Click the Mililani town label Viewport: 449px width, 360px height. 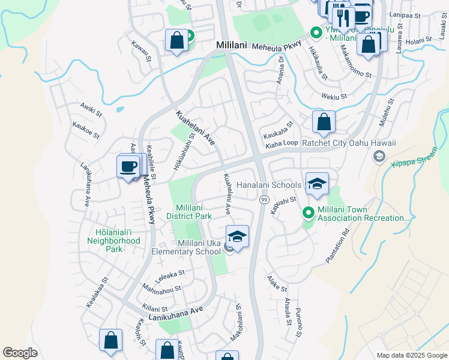(234, 45)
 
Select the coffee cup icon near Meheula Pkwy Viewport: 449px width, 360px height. (128, 166)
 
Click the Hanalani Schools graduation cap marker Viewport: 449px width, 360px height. (317, 183)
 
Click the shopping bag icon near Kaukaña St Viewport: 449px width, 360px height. (324, 122)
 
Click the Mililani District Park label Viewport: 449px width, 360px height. (194, 211)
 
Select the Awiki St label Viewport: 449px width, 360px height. (91, 108)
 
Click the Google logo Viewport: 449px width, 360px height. (20, 353)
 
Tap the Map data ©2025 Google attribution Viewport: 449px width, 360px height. (411, 355)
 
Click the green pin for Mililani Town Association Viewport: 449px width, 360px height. (309, 212)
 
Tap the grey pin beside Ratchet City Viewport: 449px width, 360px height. (379, 157)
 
